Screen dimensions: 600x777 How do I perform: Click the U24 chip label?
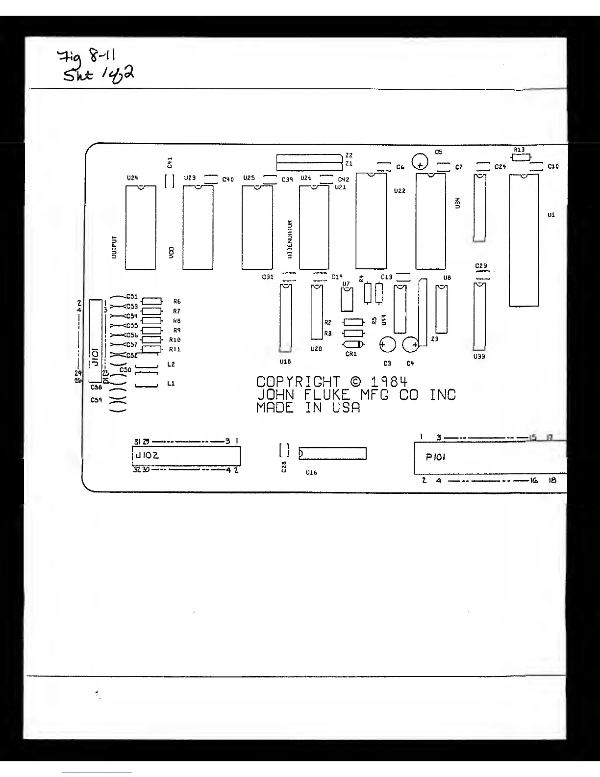[132, 178]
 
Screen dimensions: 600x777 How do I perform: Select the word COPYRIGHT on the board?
[298, 382]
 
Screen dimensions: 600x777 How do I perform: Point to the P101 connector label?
[435, 457]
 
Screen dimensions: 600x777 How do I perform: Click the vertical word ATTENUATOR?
[290, 239]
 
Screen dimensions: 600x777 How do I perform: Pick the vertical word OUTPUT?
[114, 247]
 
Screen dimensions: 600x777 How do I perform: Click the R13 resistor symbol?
[520, 157]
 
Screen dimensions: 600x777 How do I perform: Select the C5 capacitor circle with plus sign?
[420, 161]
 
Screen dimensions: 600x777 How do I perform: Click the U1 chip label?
[551, 215]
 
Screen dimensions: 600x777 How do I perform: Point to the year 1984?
[389, 382]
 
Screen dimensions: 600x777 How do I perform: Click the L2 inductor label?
[171, 364]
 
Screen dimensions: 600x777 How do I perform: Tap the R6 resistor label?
[177, 302]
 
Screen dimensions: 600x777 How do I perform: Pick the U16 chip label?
[311, 473]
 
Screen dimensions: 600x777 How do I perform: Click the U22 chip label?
[400, 191]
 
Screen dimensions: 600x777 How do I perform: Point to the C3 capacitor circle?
[388, 345]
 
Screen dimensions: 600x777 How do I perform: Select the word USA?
[346, 408]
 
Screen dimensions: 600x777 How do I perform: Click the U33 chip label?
[479, 357]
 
